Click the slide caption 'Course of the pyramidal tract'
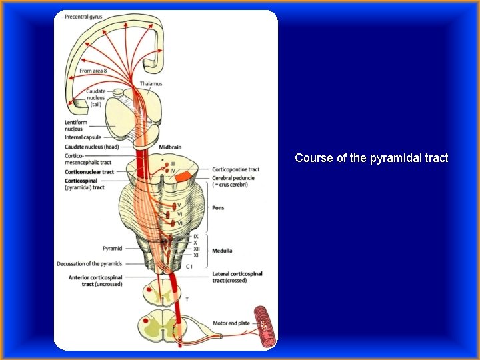click(x=371, y=158)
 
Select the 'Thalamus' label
click(x=151, y=84)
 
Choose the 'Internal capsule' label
click(x=83, y=137)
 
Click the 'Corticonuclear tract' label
click(x=89, y=172)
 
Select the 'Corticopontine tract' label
click(x=235, y=169)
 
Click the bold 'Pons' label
click(x=218, y=207)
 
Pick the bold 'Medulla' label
click(x=222, y=251)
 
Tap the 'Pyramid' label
click(x=111, y=248)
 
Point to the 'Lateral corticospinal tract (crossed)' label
click(x=237, y=277)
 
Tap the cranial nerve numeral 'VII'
click(x=181, y=223)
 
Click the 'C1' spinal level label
click(x=189, y=266)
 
